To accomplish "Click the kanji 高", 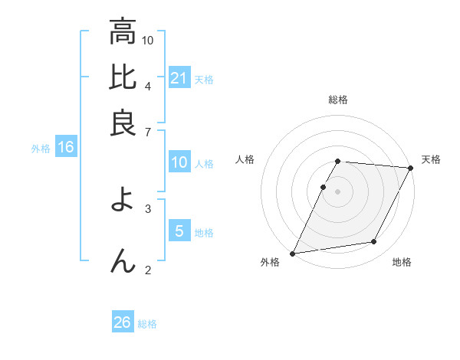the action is pyautogui.click(x=123, y=32).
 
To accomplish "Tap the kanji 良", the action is pyautogui.click(x=123, y=123).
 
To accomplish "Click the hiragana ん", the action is pyautogui.click(x=123, y=260).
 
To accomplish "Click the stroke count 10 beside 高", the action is pyautogui.click(x=148, y=40).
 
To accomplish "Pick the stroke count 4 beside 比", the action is pyautogui.click(x=147, y=85).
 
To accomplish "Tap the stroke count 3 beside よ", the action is pyautogui.click(x=147, y=208).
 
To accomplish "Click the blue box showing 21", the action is pyautogui.click(x=179, y=78).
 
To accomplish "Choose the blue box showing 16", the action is pyautogui.click(x=65, y=148).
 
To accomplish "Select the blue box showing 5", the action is pyautogui.click(x=179, y=231).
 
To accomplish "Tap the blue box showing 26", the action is pyautogui.click(x=123, y=322).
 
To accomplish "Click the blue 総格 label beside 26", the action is pyautogui.click(x=147, y=324).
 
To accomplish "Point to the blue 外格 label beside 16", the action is pyautogui.click(x=41, y=149).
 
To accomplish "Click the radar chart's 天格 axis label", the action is pyautogui.click(x=431, y=159).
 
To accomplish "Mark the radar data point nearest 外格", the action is pyautogui.click(x=292, y=253).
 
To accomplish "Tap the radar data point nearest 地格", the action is pyautogui.click(x=374, y=242).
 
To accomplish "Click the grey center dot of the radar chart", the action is pyautogui.click(x=337, y=191).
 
